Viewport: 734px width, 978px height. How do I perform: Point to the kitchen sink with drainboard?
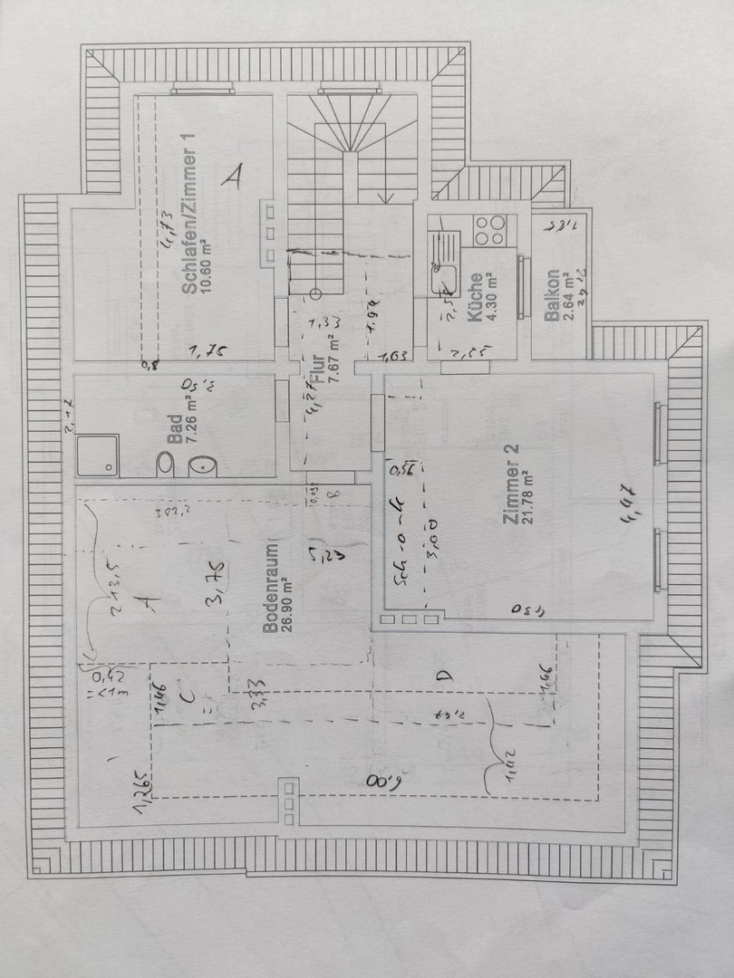point(444,258)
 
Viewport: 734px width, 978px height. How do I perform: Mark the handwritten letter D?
point(443,676)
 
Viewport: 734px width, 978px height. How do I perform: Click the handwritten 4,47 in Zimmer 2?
point(628,503)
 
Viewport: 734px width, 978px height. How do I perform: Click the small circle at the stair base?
point(315,293)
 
